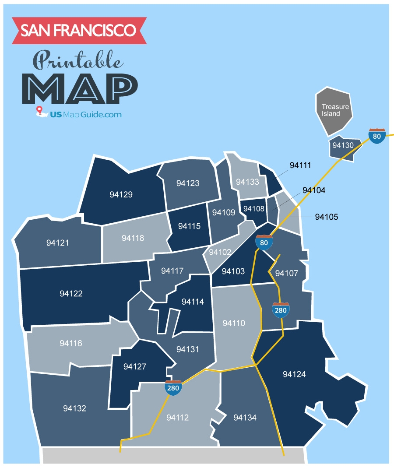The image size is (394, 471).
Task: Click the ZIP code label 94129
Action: pyautogui.click(x=121, y=194)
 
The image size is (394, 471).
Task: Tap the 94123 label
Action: pyautogui.click(x=188, y=183)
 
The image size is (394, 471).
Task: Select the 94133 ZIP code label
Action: pyautogui.click(x=247, y=182)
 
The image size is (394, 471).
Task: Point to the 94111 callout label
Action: pyautogui.click(x=300, y=165)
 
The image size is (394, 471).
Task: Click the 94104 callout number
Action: pyautogui.click(x=314, y=190)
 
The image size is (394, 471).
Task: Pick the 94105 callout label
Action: pyautogui.click(x=326, y=217)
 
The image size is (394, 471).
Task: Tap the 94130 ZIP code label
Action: pyautogui.click(x=343, y=145)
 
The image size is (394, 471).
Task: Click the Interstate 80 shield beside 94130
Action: pyautogui.click(x=377, y=136)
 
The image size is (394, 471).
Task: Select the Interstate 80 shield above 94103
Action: pyautogui.click(x=264, y=242)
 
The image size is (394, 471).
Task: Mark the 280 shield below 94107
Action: pyautogui.click(x=281, y=310)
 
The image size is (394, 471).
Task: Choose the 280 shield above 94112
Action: pyautogui.click(x=173, y=388)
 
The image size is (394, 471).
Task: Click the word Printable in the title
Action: pyautogui.click(x=77, y=60)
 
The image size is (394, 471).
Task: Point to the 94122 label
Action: pyautogui.click(x=71, y=294)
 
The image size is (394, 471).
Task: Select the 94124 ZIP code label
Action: pyautogui.click(x=294, y=374)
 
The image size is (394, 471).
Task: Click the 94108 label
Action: pyautogui.click(x=254, y=209)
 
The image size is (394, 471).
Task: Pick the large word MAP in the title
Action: pyautogui.click(x=80, y=88)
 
